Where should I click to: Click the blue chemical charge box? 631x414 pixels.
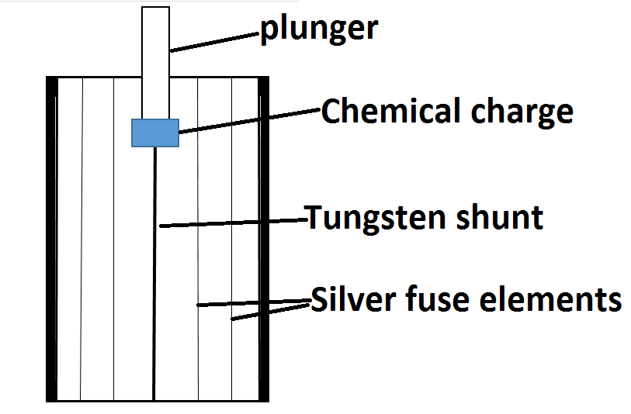[155, 133]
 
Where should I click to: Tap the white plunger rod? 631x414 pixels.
[156, 63]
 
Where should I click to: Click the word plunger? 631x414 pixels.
[319, 29]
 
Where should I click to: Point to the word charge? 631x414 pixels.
[522, 113]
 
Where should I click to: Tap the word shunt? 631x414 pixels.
[500, 217]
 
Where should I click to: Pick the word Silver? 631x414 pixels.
[354, 298]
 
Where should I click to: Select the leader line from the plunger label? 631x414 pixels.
[214, 42]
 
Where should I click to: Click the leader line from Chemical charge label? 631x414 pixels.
[250, 120]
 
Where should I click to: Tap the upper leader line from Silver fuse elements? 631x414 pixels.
[254, 302]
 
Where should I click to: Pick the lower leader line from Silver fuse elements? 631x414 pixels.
[270, 312]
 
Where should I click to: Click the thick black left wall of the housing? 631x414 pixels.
[52, 239]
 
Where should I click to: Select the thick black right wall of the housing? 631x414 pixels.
[264, 239]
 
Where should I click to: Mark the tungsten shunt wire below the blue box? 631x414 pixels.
[154, 274]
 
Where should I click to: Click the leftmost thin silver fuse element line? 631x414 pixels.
[81, 239]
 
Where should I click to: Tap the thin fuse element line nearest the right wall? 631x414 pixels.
[232, 239]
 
